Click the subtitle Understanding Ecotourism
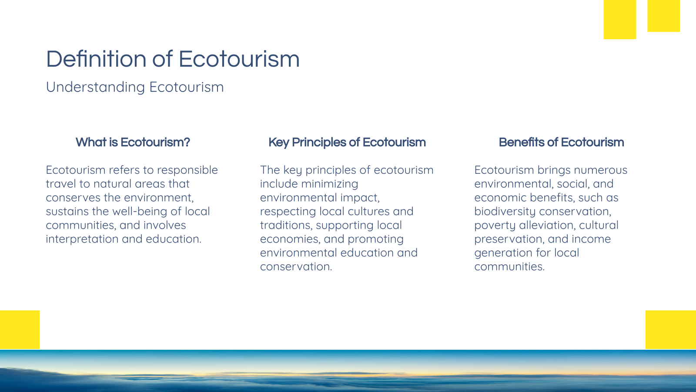coord(135,87)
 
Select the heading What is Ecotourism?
coord(133,142)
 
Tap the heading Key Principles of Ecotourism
coord(347,142)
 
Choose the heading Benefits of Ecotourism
coord(561,142)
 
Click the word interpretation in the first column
coord(82,239)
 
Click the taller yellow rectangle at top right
coord(619,19)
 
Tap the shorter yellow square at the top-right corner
coord(663,16)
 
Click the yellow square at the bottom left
coord(20,329)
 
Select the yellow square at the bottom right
coord(670,329)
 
